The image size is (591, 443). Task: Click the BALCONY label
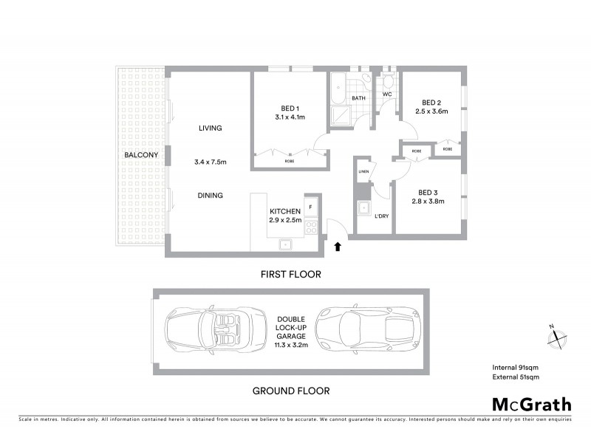[x=140, y=155]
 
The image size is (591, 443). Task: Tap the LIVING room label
[x=210, y=128]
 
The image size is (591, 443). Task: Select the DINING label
[x=210, y=196]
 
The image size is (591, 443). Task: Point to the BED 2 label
[x=431, y=103]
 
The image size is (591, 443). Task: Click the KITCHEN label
[x=284, y=211]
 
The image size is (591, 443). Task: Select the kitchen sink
[x=284, y=243]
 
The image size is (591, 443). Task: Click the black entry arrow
[x=338, y=247]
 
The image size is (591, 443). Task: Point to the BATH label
[x=359, y=98]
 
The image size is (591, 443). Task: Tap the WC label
[x=386, y=95]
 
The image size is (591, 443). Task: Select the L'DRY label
[x=382, y=216]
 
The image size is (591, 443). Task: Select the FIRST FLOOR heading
[x=290, y=274]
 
